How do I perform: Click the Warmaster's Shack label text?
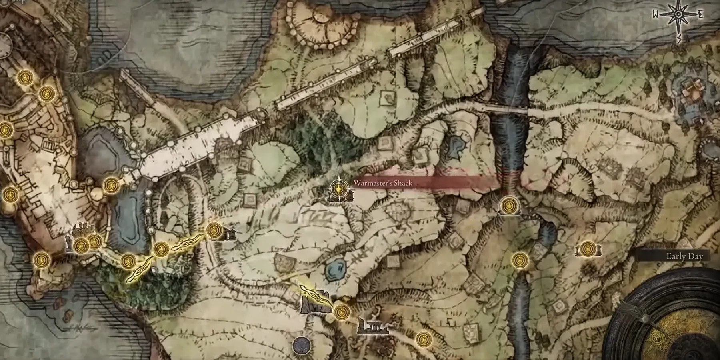(x=382, y=183)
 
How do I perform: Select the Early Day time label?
(x=684, y=257)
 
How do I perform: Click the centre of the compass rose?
(x=678, y=15)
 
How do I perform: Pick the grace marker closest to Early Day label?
(x=587, y=248)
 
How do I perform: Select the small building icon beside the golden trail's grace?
(x=229, y=235)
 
